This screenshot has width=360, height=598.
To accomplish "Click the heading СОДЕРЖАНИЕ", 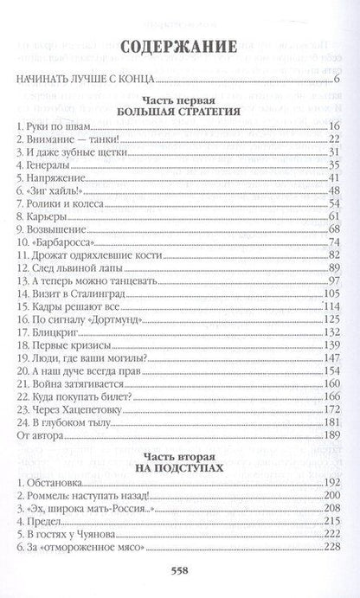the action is pyautogui.click(x=180, y=48).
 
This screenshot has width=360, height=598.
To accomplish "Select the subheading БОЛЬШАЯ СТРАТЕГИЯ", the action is pyautogui.click(x=180, y=112).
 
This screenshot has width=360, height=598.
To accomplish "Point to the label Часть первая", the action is pyautogui.click(x=180, y=99).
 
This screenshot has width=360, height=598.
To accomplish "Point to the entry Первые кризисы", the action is pyautogui.click(x=65, y=345).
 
